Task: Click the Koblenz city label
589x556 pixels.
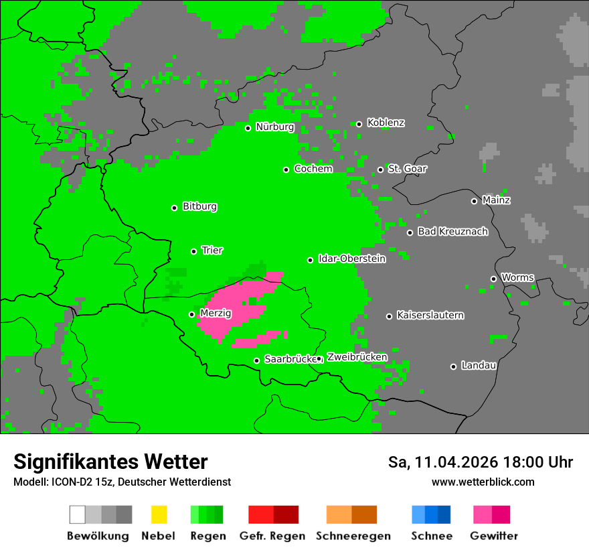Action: coord(386,123)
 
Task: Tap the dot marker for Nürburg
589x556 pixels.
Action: coord(248,128)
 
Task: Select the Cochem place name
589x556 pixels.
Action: coord(313,169)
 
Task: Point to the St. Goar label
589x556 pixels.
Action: coord(407,169)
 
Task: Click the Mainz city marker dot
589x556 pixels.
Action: coord(474,201)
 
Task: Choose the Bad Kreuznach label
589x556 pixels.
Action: coord(452,232)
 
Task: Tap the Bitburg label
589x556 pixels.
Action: coord(199,207)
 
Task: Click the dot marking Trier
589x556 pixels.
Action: coord(194,251)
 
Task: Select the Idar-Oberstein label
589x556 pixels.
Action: coord(352,259)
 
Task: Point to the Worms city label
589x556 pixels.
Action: coord(517,277)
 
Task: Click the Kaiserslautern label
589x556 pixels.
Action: coord(430,315)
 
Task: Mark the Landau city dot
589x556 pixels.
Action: coord(453,366)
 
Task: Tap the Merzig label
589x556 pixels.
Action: coord(216,313)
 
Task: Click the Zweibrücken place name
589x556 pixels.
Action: coord(357,357)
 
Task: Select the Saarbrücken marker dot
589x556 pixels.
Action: coord(256,360)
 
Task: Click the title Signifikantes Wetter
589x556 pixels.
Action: coord(110,462)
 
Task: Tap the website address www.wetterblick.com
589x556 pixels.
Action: coord(483,482)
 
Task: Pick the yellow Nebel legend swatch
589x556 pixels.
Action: coord(159,514)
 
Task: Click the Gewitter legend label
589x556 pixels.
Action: coord(494,536)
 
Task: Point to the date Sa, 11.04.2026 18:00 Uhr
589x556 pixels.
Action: coord(480,462)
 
